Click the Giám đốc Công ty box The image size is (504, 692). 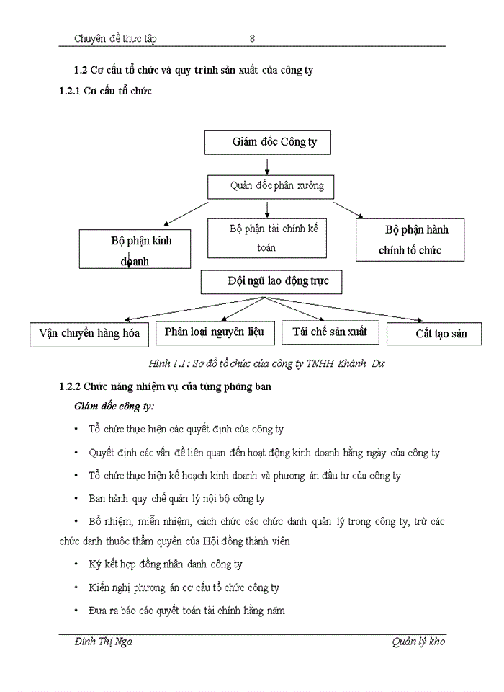tap(267, 142)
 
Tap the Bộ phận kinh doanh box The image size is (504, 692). tap(136, 249)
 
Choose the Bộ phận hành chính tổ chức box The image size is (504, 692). tap(410, 240)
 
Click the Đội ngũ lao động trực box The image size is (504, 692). tap(271, 281)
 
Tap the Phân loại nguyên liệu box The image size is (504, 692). tap(214, 332)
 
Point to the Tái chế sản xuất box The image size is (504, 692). tap(329, 332)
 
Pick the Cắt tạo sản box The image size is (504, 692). tap(434, 334)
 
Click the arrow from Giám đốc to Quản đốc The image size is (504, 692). tap(267, 165)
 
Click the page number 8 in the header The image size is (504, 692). tap(252, 38)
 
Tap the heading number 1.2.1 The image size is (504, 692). tap(71, 91)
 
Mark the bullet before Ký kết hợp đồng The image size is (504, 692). tap(76, 564)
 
